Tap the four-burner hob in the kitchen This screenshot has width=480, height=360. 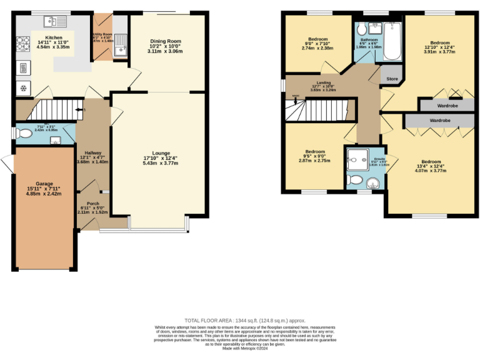pos(23,44)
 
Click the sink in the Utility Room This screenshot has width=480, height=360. pos(122,43)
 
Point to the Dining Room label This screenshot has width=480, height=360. pos(166,42)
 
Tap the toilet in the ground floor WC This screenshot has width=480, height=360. pos(24,133)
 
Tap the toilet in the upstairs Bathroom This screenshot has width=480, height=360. pos(362,30)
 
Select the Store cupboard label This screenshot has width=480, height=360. pos(392,79)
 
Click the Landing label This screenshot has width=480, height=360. pos(324,82)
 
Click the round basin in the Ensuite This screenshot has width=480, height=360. pos(373,182)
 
